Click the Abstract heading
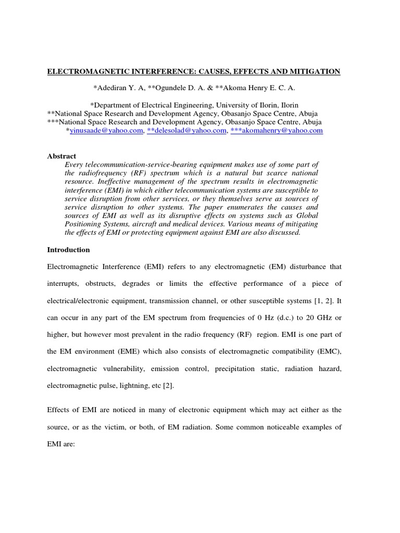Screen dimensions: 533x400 (61, 156)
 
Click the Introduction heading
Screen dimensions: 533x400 (68, 250)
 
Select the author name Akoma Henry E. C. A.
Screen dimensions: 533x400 (258, 88)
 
